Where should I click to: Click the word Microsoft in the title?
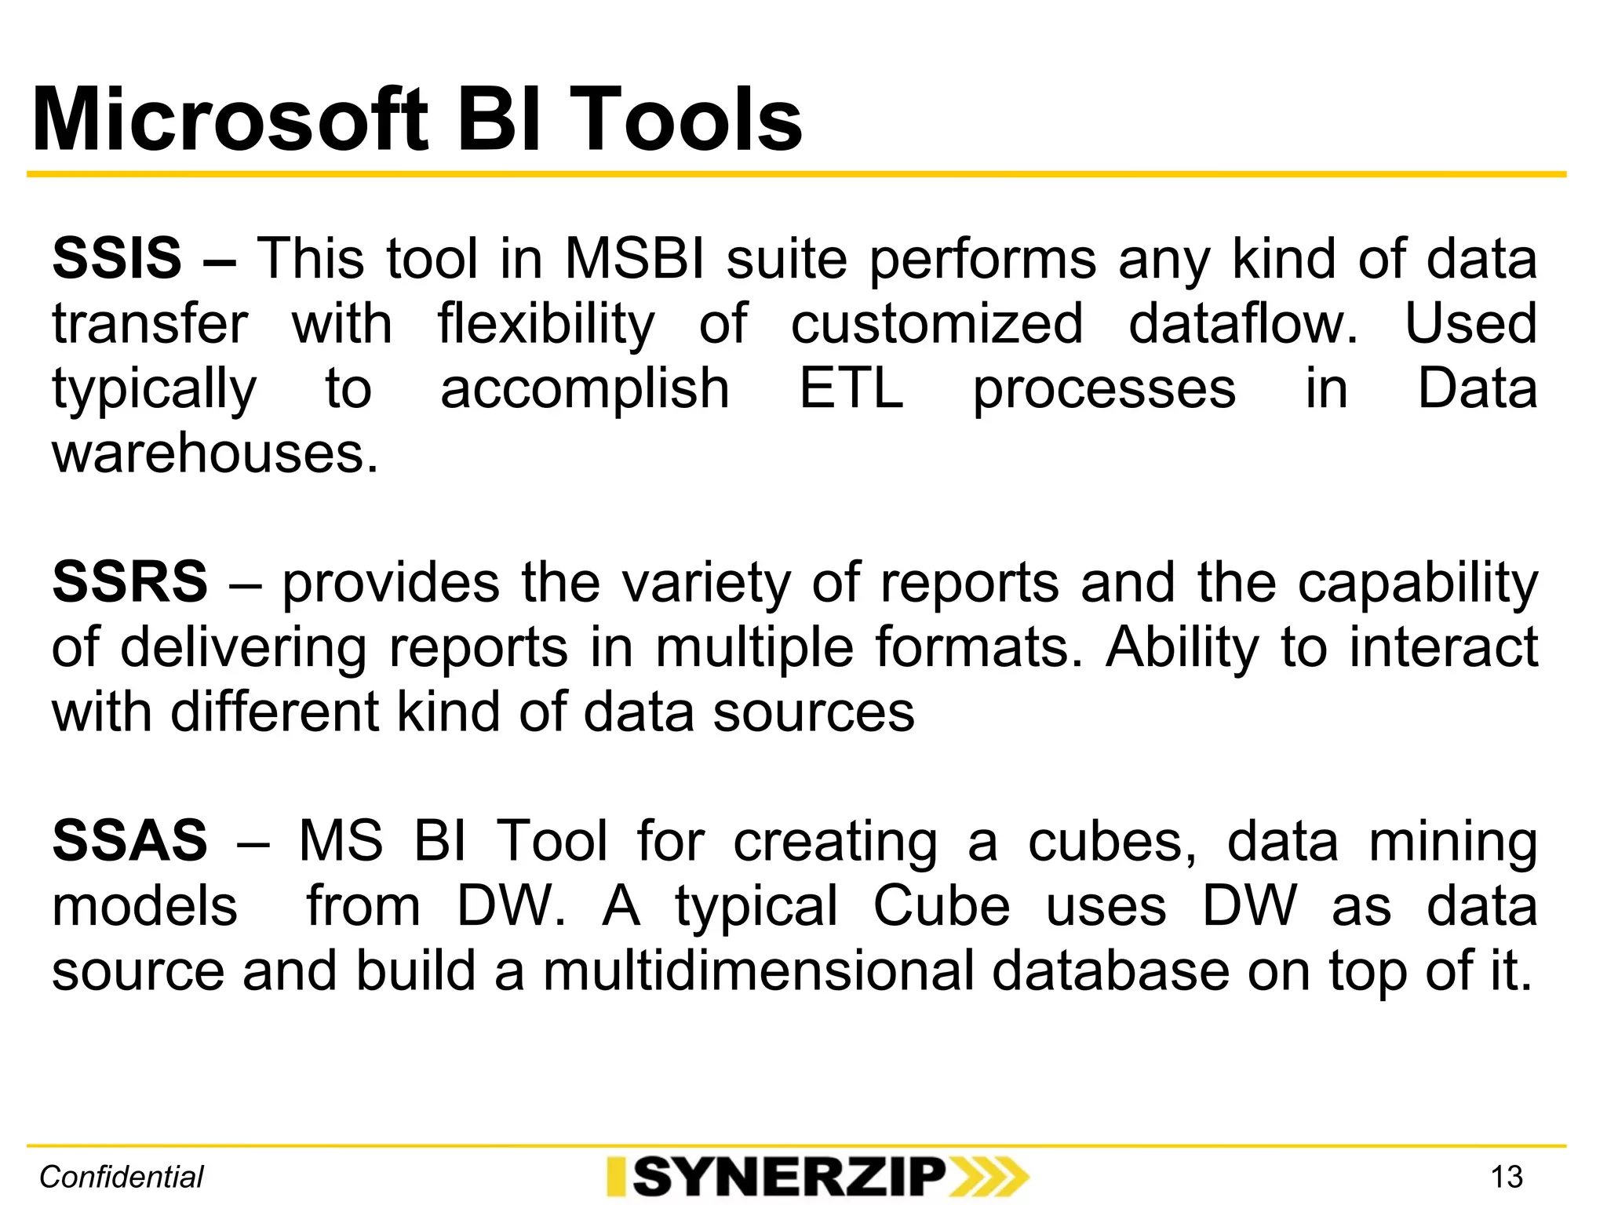click(x=231, y=120)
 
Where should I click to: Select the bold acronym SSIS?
click(x=117, y=258)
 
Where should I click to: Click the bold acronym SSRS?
click(x=129, y=582)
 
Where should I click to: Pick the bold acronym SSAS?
click(x=129, y=840)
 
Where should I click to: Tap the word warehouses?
click(x=215, y=453)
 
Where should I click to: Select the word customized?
click(x=937, y=323)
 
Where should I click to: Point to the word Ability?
click(x=1182, y=647)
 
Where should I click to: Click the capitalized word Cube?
click(x=942, y=906)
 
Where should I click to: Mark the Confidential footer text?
click(x=122, y=1177)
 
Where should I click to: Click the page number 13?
click(x=1506, y=1177)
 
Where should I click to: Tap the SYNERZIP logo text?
click(x=789, y=1177)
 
